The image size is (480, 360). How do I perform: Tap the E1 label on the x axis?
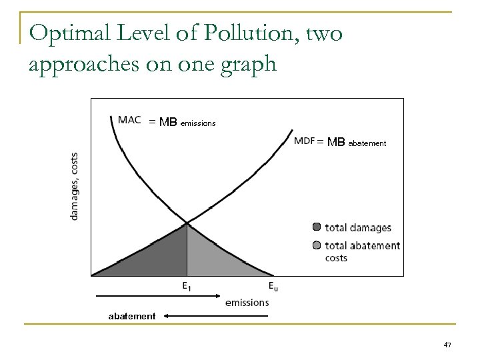187,287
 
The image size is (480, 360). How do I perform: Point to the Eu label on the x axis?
273,287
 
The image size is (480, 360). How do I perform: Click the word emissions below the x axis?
247,302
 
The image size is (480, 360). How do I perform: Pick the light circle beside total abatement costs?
317,245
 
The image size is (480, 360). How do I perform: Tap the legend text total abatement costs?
362,251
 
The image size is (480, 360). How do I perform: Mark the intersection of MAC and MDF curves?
187,222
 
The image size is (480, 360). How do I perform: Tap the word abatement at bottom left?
132,317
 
